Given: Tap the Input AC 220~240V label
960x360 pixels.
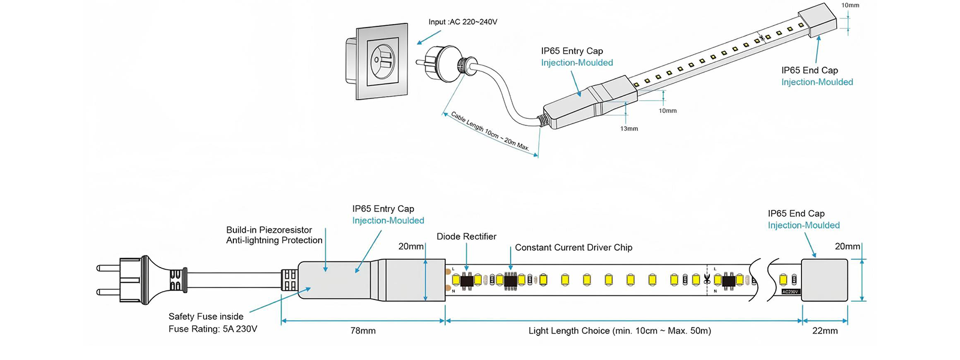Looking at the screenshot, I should (x=463, y=22).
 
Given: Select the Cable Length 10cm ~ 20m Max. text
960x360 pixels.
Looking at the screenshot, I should (x=490, y=131).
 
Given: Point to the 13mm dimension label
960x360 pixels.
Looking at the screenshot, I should (x=629, y=128).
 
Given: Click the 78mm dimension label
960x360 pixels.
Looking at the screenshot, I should (x=363, y=331).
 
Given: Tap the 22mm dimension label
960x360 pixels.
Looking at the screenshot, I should (x=825, y=331).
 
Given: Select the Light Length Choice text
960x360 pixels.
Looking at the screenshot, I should (x=619, y=331).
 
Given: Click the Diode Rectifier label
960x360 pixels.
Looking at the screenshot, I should (x=466, y=236).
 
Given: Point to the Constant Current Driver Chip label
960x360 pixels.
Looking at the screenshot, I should (x=573, y=247).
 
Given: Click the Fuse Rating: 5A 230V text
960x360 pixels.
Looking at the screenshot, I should (x=212, y=329).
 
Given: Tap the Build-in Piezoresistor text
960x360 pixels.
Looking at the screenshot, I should (x=269, y=230).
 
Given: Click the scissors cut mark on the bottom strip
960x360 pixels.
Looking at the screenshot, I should (x=707, y=280).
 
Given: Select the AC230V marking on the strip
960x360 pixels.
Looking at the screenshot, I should (x=790, y=292).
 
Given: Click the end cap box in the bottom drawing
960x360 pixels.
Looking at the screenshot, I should (x=825, y=280).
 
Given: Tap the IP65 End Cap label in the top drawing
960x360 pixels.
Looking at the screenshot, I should (x=809, y=70).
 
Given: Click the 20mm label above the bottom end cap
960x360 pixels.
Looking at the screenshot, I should (x=847, y=247).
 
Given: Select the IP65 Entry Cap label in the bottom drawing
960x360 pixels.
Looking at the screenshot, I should (x=383, y=209).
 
